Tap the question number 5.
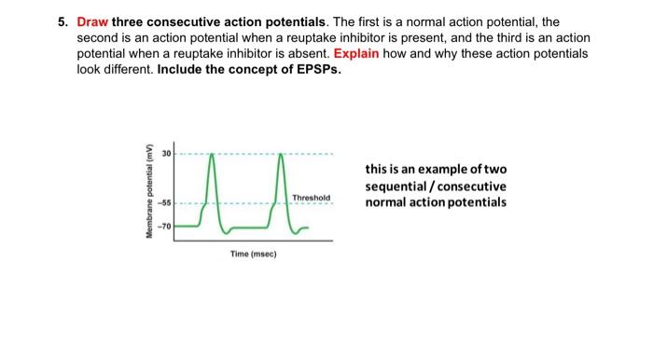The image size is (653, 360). (x=59, y=21)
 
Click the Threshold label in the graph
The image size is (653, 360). (x=311, y=198)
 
